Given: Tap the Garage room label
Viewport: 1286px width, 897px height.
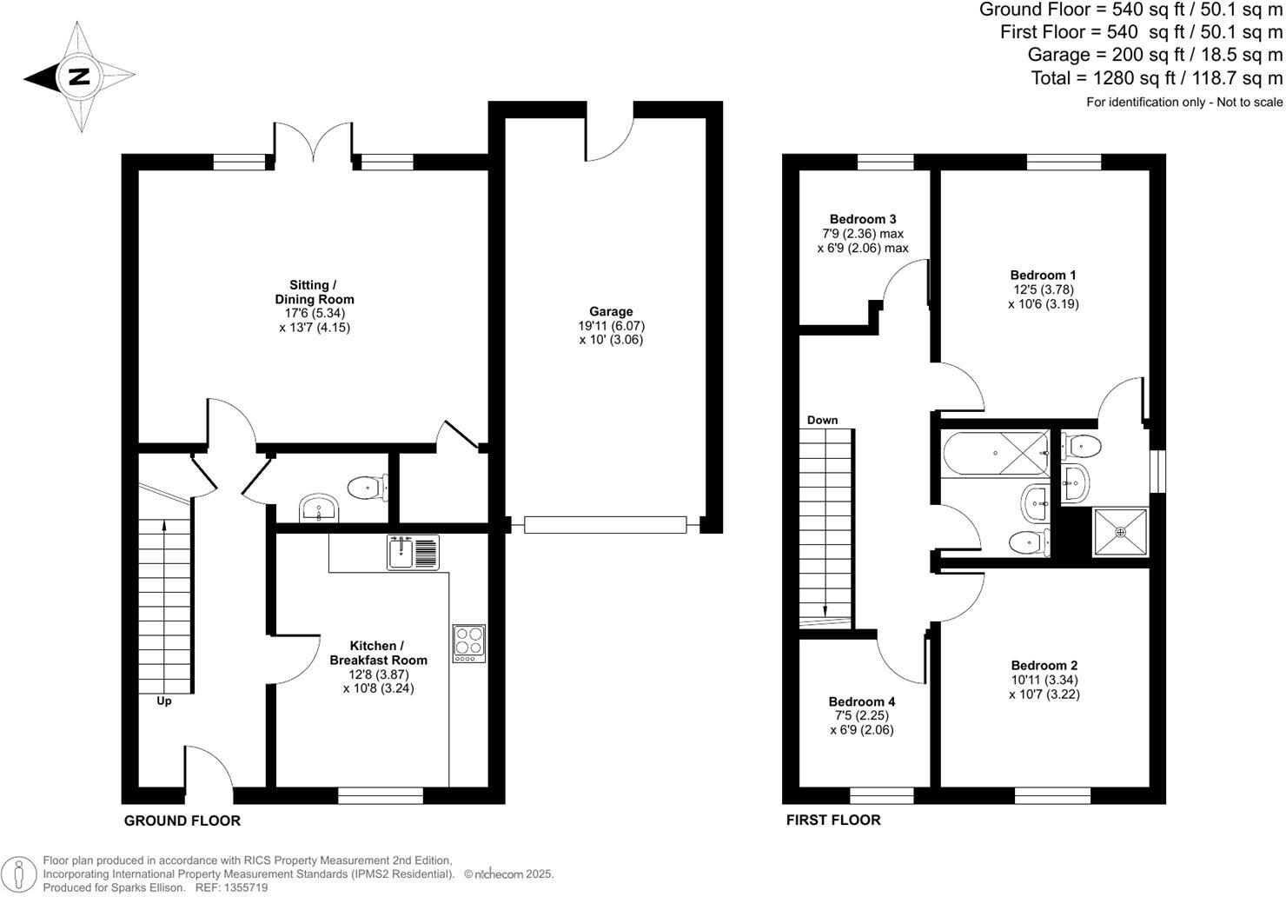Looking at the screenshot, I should click(611, 311).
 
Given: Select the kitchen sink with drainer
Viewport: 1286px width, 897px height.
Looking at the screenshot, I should click(414, 553).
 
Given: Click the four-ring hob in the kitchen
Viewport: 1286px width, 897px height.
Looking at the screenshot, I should click(468, 643).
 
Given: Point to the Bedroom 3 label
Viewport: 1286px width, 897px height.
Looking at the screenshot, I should click(862, 219).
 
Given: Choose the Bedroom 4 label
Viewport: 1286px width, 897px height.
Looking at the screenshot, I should click(861, 701).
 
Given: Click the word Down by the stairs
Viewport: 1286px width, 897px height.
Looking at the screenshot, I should click(822, 420).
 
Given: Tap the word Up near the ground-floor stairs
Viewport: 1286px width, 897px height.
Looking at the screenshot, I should click(163, 701).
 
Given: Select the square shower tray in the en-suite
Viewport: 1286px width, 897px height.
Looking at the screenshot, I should click(1120, 533).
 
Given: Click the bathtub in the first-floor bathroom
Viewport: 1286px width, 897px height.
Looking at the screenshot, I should click(995, 454).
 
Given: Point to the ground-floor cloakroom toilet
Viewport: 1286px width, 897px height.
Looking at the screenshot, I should click(368, 486).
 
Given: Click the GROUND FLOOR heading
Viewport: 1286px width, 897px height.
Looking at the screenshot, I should click(182, 821).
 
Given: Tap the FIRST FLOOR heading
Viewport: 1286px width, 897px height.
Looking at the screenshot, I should click(832, 820).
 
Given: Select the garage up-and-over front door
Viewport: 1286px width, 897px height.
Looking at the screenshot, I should click(605, 524).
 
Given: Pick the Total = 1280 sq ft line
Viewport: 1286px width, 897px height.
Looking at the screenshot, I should click(1157, 78).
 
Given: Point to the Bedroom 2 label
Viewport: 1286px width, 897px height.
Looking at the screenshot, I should click(1044, 665).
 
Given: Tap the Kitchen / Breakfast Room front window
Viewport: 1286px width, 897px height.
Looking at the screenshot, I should click(380, 794).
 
